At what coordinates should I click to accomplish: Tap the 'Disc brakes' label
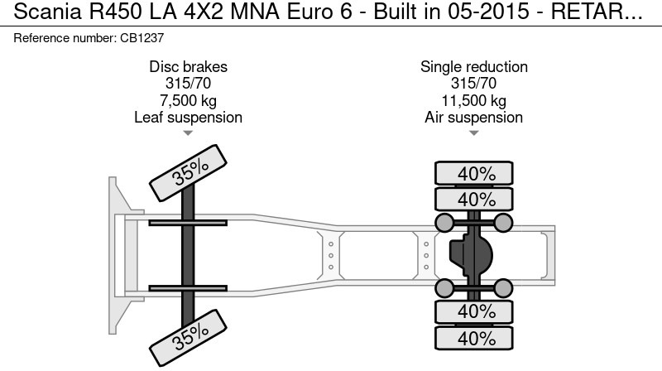(x=188, y=67)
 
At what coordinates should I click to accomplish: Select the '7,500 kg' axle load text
(x=188, y=100)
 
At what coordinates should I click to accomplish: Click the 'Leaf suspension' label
(x=188, y=118)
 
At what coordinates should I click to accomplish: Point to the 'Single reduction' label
(x=473, y=67)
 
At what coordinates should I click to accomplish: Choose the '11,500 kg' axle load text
(x=473, y=100)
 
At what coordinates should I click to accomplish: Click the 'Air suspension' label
(x=473, y=118)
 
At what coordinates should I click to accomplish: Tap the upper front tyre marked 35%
(x=189, y=171)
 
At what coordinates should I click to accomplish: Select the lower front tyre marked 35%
(x=189, y=335)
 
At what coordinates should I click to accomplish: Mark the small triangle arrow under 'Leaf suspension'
(x=188, y=132)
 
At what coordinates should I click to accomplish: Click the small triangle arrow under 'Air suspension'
(x=473, y=132)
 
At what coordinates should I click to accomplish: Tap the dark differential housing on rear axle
(x=469, y=255)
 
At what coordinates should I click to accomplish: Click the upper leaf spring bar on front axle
(x=189, y=222)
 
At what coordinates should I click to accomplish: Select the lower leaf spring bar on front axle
(x=189, y=288)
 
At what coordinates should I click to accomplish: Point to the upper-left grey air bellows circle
(x=444, y=222)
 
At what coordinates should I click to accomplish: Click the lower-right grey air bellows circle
(x=504, y=288)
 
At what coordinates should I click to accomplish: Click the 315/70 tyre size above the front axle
(x=188, y=84)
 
